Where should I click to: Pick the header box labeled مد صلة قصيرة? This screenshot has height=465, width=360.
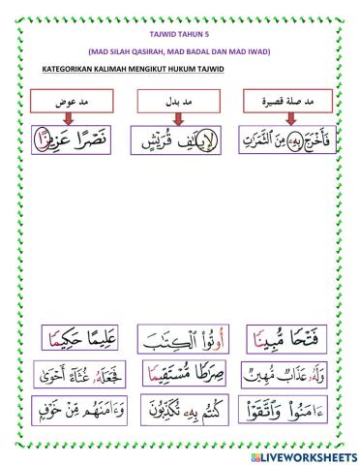[x=288, y=101]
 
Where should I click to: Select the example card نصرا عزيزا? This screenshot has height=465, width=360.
[x=74, y=140]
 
